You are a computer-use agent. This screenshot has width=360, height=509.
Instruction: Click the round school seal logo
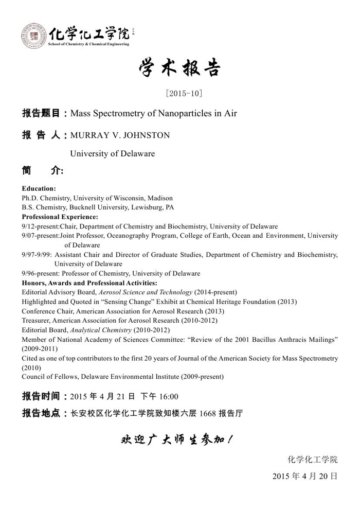coord(33,36)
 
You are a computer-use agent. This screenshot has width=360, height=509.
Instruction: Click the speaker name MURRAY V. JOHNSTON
coord(120,135)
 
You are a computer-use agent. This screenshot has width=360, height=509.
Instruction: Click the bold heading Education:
coord(39,189)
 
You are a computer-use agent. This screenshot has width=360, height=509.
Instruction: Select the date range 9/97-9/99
coord(37,255)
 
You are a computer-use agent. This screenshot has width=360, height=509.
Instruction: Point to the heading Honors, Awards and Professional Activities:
coord(89,283)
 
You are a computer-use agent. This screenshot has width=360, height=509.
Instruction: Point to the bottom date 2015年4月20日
coord(305,476)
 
